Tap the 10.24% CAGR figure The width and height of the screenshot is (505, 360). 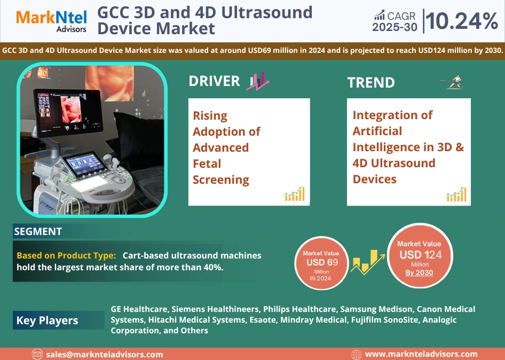[x=462, y=21]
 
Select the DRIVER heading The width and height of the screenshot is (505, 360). [x=214, y=81]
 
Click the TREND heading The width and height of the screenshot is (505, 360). [x=370, y=82]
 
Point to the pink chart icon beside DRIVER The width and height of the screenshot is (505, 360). [x=258, y=81]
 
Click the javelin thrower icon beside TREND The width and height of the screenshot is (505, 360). [x=452, y=82]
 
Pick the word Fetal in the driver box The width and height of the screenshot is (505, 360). [x=207, y=163]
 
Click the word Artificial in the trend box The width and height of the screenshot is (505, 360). [x=377, y=131]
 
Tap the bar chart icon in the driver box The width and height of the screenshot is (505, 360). [x=294, y=194]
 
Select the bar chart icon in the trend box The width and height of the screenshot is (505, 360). [x=456, y=194]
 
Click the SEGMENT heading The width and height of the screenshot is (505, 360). [x=38, y=231]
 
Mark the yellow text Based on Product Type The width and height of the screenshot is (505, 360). [x=66, y=255]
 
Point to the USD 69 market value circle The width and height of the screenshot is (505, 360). [x=322, y=263]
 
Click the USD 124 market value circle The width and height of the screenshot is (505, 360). [x=420, y=255]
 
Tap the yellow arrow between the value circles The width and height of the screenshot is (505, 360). [x=368, y=262]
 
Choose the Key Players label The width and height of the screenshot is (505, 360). [x=47, y=320]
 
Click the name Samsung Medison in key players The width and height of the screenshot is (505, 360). [x=376, y=309]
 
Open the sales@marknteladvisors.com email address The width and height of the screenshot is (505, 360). [x=104, y=355]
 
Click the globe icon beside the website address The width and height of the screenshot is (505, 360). [x=356, y=355]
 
